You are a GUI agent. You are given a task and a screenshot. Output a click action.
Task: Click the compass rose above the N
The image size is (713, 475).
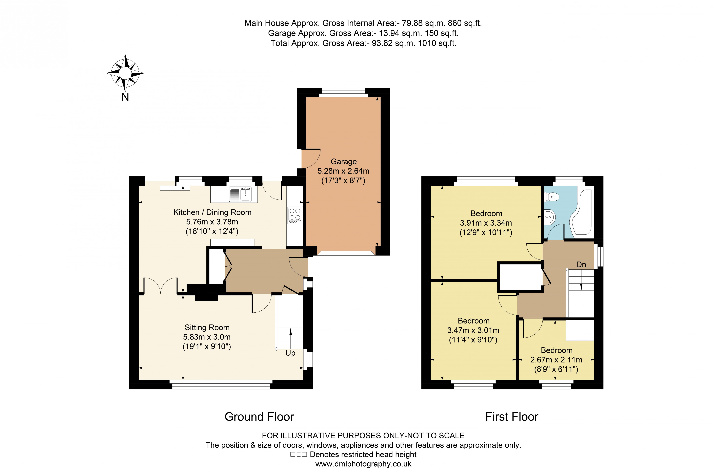[x=125, y=73]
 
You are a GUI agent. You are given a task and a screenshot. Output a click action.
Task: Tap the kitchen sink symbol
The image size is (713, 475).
[x=240, y=194]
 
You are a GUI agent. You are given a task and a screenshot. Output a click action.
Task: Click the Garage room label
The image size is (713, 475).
[x=343, y=161]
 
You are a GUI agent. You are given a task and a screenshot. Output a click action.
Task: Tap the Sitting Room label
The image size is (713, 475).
[x=207, y=328]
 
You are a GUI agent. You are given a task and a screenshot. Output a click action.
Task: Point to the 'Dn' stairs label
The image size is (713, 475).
[x=581, y=265]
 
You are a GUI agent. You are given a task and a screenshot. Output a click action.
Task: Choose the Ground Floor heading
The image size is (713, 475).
[x=259, y=417]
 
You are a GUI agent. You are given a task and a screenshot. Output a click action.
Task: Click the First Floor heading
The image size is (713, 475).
[x=512, y=417]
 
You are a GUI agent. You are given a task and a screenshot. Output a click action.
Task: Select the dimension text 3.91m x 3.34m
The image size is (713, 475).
[x=486, y=223]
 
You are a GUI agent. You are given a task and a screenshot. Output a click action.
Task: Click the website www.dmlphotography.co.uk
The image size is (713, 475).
[x=363, y=464]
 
